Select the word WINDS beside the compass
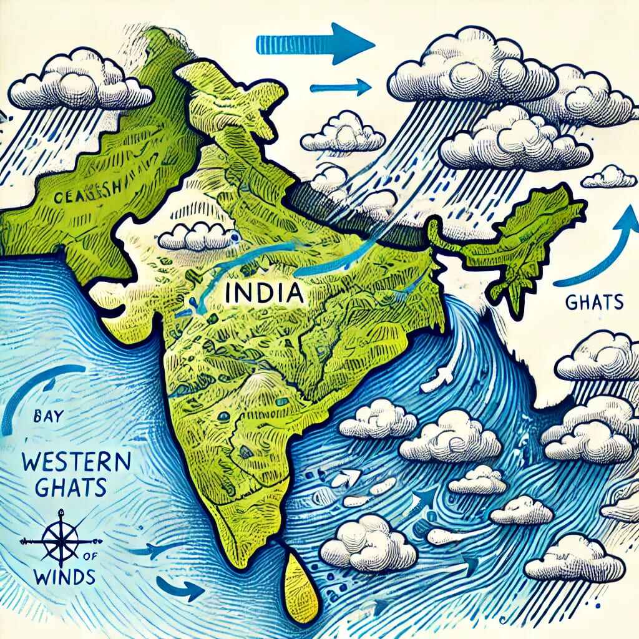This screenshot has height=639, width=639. [x=61, y=575]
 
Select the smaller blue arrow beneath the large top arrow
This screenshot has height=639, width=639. [x=341, y=87]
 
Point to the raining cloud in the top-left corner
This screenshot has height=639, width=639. [x=81, y=87]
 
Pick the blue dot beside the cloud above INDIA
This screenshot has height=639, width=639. [x=234, y=237]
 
